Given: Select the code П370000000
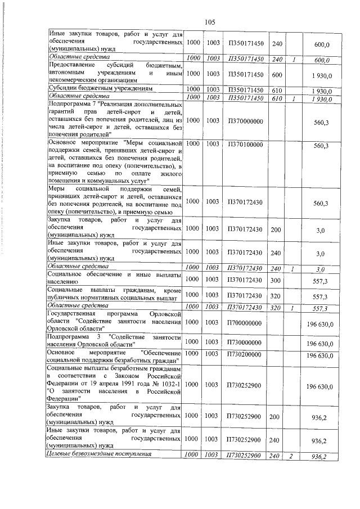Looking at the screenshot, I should (x=245, y=120).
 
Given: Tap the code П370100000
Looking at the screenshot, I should (x=245, y=145).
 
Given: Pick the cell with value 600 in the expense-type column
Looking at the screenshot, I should (x=277, y=74).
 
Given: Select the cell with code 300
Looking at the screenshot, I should (x=277, y=279).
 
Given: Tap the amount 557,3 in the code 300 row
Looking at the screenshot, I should (x=321, y=280).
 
